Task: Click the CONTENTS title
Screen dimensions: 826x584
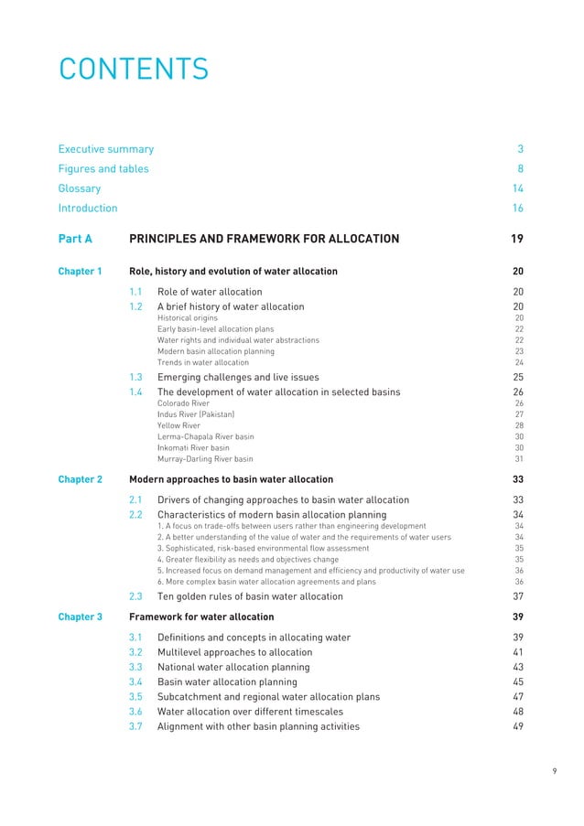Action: (x=134, y=69)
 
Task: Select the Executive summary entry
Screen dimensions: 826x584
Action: (x=106, y=149)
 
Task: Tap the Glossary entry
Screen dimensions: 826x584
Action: (x=80, y=188)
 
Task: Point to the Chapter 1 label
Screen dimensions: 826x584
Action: (x=80, y=272)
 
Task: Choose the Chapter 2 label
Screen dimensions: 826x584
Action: (x=80, y=478)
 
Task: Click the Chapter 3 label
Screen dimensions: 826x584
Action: (x=80, y=617)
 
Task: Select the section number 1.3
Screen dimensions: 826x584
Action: (x=136, y=377)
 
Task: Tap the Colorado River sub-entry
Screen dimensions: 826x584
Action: (x=183, y=403)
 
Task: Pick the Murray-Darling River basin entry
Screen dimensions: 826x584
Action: (x=205, y=459)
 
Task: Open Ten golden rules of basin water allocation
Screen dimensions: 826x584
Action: (x=250, y=596)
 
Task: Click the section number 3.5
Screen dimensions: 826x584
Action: (x=136, y=697)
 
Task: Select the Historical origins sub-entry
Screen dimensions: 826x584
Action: (x=188, y=317)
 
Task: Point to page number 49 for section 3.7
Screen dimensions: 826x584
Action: (x=518, y=726)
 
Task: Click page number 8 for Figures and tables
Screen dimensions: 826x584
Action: (x=520, y=168)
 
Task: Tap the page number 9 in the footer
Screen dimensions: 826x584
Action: (x=555, y=771)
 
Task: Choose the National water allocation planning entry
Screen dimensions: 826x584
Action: (x=233, y=668)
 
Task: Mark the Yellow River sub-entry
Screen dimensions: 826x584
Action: (x=178, y=425)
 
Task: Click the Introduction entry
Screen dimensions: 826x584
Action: (x=88, y=208)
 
